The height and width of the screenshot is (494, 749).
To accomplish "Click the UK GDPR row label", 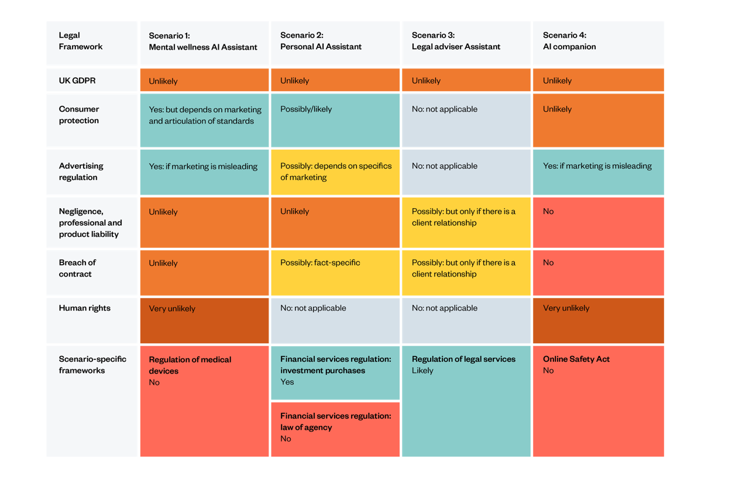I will click(92, 81).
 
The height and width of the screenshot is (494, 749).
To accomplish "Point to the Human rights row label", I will click(92, 320).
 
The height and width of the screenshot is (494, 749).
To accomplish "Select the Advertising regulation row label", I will click(92, 172).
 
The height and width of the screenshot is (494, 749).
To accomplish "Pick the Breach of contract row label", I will click(92, 273).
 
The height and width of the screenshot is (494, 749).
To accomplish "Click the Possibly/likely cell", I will click(335, 120).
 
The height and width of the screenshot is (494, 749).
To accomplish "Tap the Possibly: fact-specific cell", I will click(335, 273).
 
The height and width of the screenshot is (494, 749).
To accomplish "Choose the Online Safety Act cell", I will click(598, 400).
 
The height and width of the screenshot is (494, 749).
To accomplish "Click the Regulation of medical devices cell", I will click(204, 400).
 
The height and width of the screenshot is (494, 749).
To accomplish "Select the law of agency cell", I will click(335, 429).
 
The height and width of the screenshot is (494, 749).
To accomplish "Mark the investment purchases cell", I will click(335, 372).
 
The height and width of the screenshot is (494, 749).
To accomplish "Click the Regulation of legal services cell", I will click(466, 400).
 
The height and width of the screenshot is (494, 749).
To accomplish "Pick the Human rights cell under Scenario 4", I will click(598, 320).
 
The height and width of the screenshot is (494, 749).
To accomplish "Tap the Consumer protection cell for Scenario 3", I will click(466, 120).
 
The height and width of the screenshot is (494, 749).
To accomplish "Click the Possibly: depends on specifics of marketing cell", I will click(335, 172).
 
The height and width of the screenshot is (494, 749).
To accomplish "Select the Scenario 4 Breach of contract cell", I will click(598, 273).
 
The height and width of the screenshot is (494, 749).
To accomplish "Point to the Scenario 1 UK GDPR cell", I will click(204, 81).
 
